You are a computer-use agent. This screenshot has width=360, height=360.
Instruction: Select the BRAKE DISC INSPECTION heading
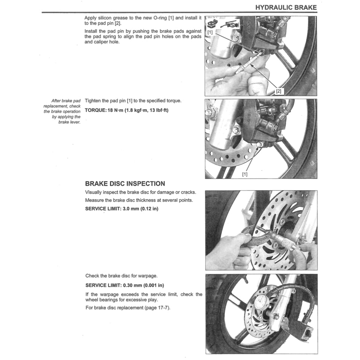[125, 184]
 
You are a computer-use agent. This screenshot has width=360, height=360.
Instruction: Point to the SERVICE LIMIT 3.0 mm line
[122, 209]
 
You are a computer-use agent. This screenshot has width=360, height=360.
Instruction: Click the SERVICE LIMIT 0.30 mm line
[124, 285]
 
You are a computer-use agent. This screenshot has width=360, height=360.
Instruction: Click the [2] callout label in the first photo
[278, 91]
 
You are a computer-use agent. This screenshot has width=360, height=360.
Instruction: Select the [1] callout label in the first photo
[210, 33]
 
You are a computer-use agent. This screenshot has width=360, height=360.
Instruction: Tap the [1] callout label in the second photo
[245, 174]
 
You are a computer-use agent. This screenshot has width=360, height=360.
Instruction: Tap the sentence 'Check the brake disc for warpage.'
[121, 276]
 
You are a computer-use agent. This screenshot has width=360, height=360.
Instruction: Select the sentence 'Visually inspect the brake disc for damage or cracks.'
[140, 192]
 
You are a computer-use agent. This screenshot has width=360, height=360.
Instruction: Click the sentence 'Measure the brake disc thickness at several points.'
[139, 200]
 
